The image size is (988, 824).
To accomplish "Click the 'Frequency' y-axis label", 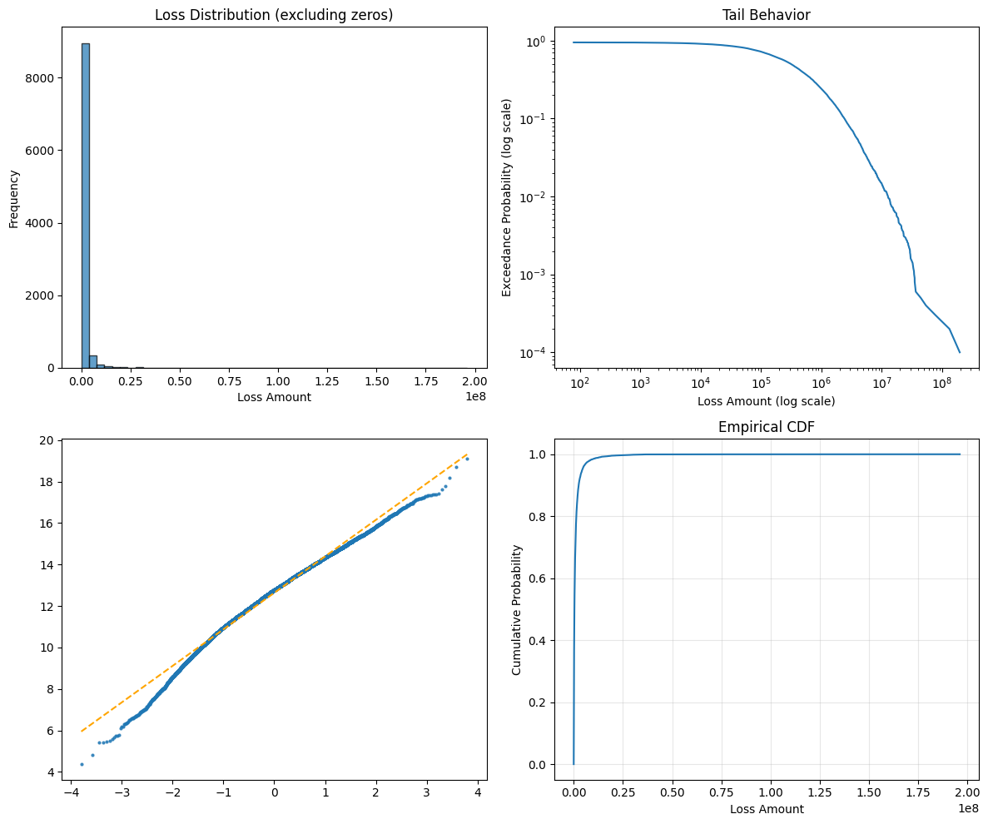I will (14, 199).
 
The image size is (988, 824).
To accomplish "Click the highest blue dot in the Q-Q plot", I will (467, 459).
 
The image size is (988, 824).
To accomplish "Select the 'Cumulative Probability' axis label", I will (517, 609).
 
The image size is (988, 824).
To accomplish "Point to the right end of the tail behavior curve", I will (960, 351).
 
